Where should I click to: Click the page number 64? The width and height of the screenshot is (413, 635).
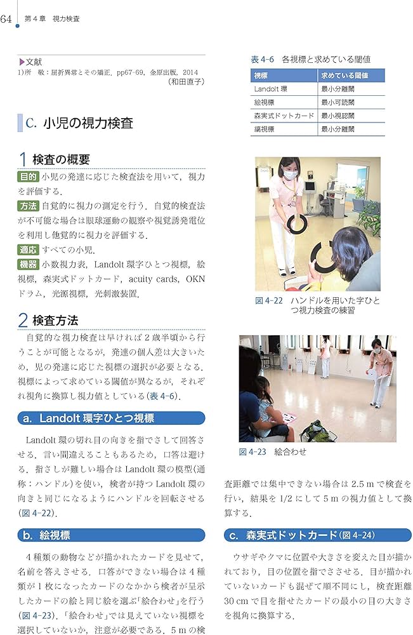click(x=7, y=18)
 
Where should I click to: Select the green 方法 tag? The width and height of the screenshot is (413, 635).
click(x=28, y=206)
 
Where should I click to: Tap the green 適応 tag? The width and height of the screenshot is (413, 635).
click(x=28, y=250)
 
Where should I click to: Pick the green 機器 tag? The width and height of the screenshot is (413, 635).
click(x=28, y=264)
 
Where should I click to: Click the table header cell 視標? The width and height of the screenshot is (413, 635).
click(x=261, y=76)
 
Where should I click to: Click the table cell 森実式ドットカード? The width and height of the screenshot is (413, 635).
click(x=284, y=116)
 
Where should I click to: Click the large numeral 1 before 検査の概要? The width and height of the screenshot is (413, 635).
click(x=23, y=159)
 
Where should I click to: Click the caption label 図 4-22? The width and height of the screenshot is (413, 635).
click(x=268, y=301)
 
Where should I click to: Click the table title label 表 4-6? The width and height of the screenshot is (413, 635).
click(x=263, y=59)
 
